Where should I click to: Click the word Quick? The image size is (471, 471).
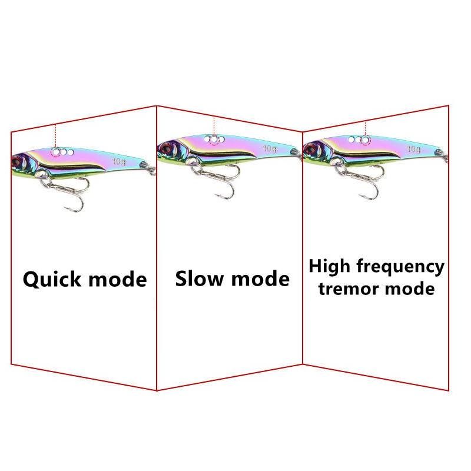[x=51, y=278]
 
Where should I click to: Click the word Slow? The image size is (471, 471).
[x=201, y=278]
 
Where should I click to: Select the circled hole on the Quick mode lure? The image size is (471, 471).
[x=56, y=152]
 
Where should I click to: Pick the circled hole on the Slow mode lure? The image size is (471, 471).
[x=215, y=140]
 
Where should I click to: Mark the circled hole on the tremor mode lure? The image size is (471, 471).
[x=365, y=140]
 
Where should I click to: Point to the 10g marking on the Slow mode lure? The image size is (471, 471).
[x=270, y=148]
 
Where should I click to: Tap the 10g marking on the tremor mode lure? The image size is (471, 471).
[x=414, y=148]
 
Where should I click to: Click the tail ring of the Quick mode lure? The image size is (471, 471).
[x=152, y=170]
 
